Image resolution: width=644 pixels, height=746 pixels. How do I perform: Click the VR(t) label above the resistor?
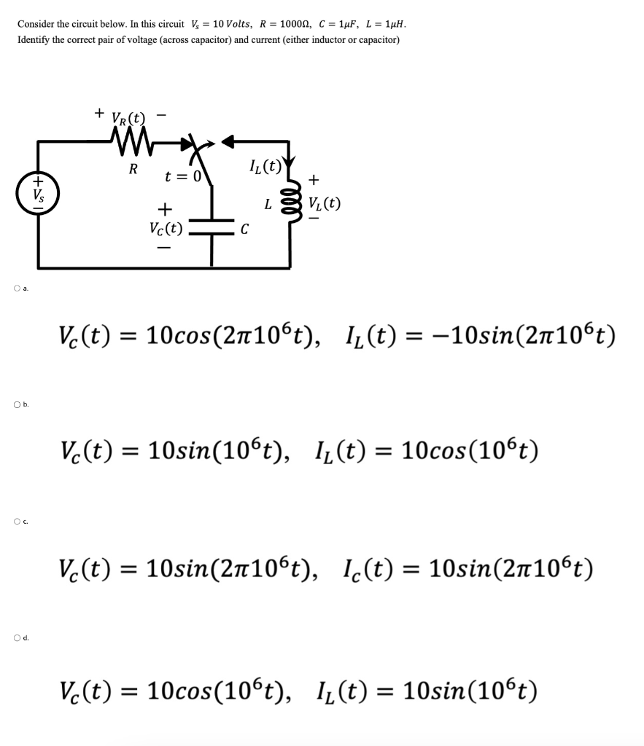[x=128, y=117]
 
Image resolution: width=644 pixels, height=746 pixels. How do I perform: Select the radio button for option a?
[x=17, y=288]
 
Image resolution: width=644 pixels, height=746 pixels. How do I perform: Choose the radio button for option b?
[x=17, y=405]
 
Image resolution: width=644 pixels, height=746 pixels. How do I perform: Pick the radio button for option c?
[x=17, y=522]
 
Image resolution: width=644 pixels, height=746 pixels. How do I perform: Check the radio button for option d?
[x=17, y=638]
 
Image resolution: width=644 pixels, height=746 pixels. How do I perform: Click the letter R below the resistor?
[x=133, y=170]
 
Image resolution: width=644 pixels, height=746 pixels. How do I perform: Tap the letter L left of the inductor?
[x=269, y=205]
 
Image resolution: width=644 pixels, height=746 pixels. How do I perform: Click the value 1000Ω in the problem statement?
[x=294, y=23]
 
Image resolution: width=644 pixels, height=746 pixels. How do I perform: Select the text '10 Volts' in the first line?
[x=230, y=23]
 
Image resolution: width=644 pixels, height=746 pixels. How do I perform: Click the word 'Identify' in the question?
[x=33, y=39]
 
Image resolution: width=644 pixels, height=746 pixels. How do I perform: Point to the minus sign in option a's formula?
[x=436, y=336]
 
